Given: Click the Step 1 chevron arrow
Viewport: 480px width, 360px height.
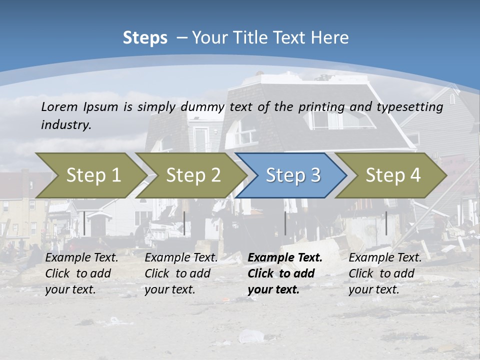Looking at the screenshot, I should pyautogui.click(x=90, y=175).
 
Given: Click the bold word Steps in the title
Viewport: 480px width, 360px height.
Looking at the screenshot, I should pyautogui.click(x=145, y=38).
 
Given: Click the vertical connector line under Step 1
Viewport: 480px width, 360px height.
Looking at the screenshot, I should pyautogui.click(x=84, y=223).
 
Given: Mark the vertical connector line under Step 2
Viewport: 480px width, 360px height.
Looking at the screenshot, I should pyautogui.click(x=184, y=223).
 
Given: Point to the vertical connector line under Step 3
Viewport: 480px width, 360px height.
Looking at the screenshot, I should pyautogui.click(x=285, y=223).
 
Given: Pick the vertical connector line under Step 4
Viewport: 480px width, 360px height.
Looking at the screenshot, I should pyautogui.click(x=386, y=223).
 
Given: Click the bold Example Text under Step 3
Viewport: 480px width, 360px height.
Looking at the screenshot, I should pyautogui.click(x=285, y=258).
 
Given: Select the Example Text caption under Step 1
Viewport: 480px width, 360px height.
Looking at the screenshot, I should pyautogui.click(x=81, y=258).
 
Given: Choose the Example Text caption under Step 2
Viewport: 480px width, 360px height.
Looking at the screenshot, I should pyautogui.click(x=181, y=258).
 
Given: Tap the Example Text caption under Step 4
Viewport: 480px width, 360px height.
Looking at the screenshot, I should pyautogui.click(x=385, y=258).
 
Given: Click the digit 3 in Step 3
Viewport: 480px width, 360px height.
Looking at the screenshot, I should pyautogui.click(x=315, y=175).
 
